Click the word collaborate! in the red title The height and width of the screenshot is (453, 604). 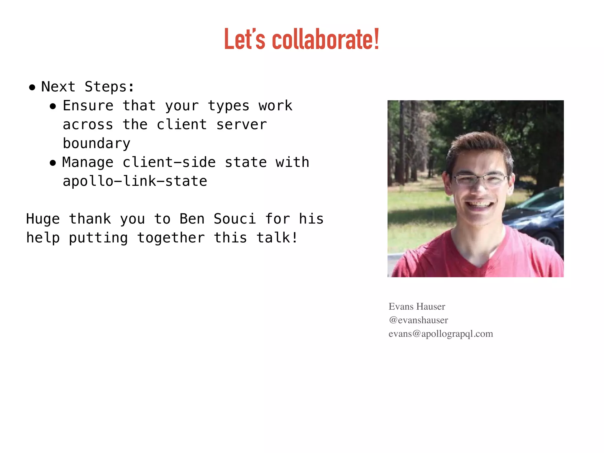[325, 40]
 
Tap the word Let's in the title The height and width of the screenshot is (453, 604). [244, 40]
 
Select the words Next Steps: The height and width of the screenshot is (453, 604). [88, 87]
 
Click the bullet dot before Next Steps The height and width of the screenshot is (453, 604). [32, 87]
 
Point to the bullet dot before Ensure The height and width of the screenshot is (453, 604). [53, 106]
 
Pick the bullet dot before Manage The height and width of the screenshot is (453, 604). [53, 163]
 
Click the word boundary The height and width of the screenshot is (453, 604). [96, 144]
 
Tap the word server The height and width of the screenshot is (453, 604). [242, 124]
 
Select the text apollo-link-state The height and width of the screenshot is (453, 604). [135, 181]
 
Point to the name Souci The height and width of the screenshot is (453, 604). [234, 219]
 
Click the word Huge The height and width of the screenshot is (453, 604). [43, 219]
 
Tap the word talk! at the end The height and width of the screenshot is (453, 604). [277, 238]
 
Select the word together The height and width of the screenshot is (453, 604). [171, 238]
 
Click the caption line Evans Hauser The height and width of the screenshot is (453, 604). [417, 306]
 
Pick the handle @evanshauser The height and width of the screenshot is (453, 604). [418, 320]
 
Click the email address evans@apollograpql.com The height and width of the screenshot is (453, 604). [441, 334]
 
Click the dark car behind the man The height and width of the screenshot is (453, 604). [537, 218]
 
